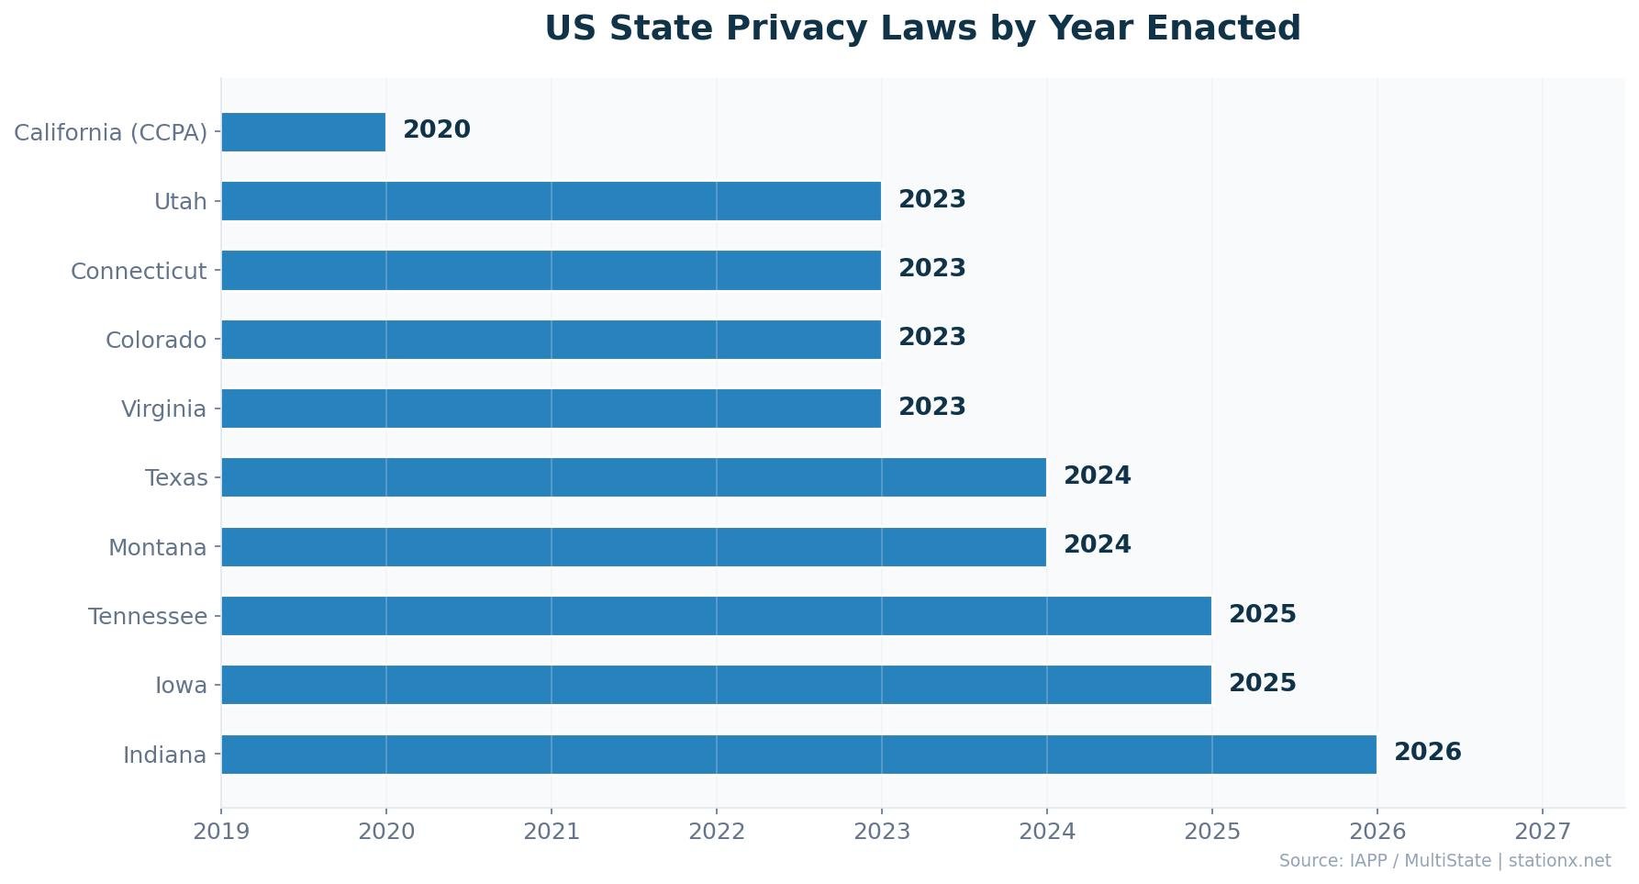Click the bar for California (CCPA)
coord(304,132)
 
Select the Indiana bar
coord(798,755)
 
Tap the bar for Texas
coord(633,477)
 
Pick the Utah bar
coord(551,201)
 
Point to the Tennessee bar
coord(716,616)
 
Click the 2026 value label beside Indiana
coord(1427,753)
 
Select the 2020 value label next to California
coord(436,130)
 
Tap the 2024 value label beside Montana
coord(1097,545)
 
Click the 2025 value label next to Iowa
coord(1262,684)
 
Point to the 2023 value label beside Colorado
coord(931,338)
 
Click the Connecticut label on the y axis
coord(139,272)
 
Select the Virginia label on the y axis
coord(163,409)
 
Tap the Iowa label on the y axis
coord(181,686)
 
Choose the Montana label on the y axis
coord(157,548)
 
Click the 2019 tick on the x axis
coord(221,832)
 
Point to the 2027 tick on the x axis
coord(1543,832)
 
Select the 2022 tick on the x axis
coord(717,832)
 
